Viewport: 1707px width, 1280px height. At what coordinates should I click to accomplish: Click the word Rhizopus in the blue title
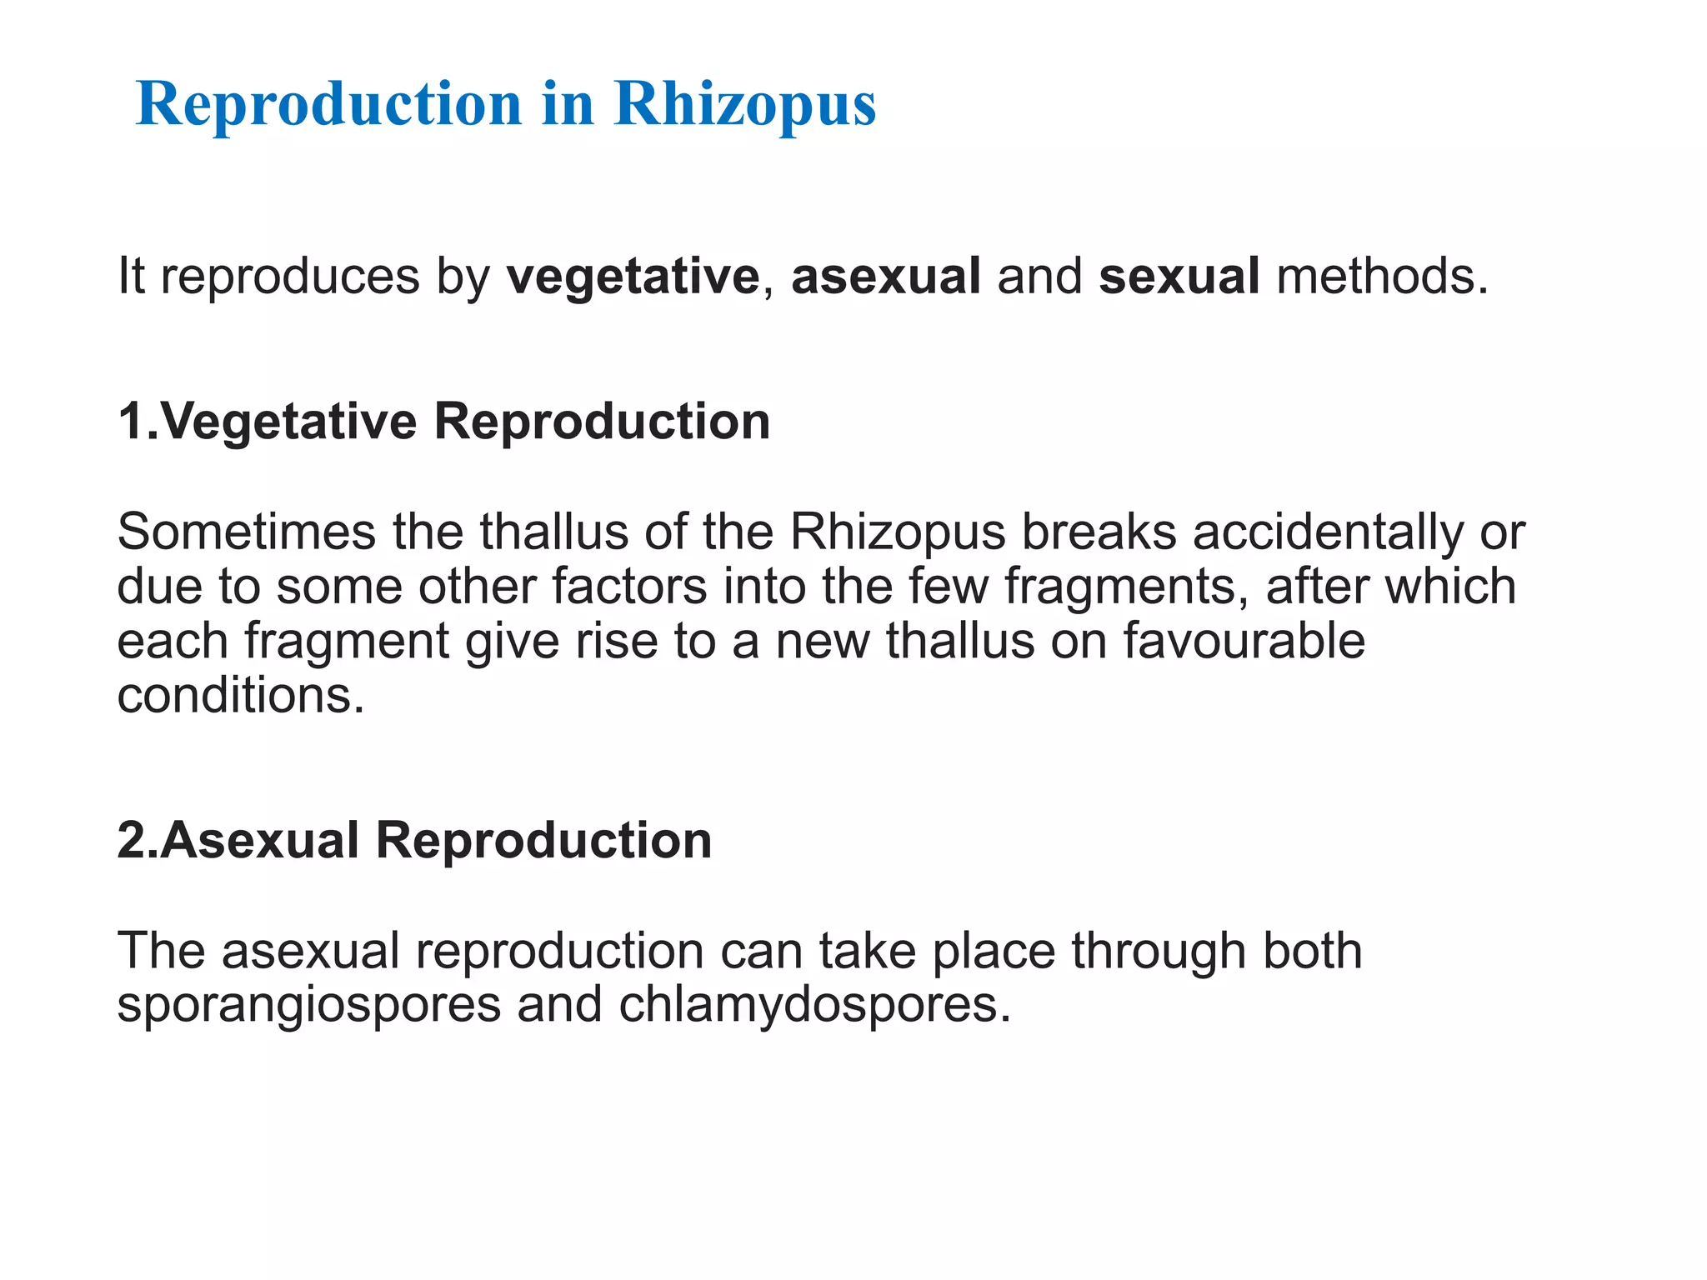click(x=744, y=106)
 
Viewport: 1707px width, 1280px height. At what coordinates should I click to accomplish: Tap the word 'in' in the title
click(x=568, y=104)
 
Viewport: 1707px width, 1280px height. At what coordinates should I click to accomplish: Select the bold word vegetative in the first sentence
click(x=633, y=277)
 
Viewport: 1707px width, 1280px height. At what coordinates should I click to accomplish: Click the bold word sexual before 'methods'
click(x=1179, y=277)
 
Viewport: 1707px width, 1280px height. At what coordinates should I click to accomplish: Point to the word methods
click(x=1382, y=277)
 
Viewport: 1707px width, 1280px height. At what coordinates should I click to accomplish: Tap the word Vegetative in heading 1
click(x=288, y=422)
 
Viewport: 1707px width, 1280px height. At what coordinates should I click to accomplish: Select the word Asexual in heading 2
click(x=259, y=840)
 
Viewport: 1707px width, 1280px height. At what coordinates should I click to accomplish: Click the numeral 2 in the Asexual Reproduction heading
click(x=132, y=840)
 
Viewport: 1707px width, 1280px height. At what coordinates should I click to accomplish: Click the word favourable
click(x=1244, y=641)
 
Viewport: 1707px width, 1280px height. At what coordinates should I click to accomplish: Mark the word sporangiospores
click(x=309, y=1005)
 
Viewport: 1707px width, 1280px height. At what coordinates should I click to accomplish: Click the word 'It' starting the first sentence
click(x=131, y=277)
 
